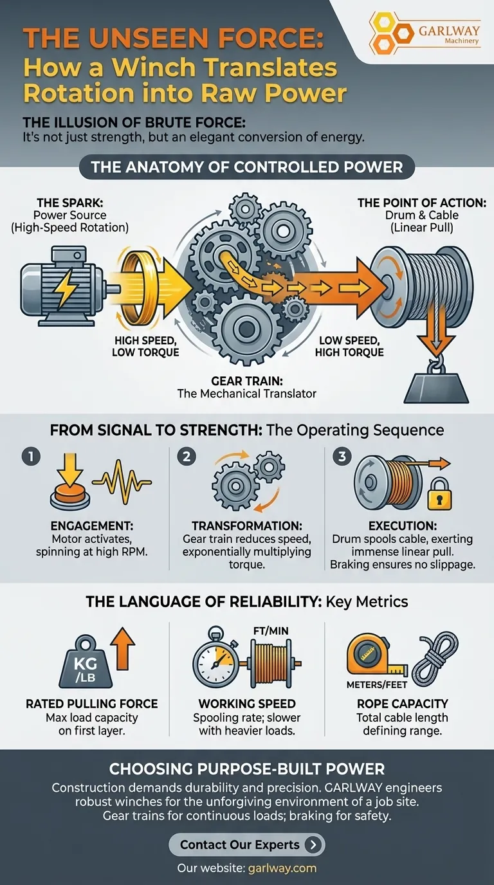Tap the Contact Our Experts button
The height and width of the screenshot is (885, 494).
tap(247, 844)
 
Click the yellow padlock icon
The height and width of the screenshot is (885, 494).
tap(439, 495)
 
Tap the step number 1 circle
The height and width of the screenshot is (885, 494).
tap(30, 457)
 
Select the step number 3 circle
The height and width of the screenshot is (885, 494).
tap(342, 457)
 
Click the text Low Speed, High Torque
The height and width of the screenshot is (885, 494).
tap(349, 346)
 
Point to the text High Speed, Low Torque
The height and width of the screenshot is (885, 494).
tap(145, 346)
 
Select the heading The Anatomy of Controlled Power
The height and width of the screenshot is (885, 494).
tap(247, 168)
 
